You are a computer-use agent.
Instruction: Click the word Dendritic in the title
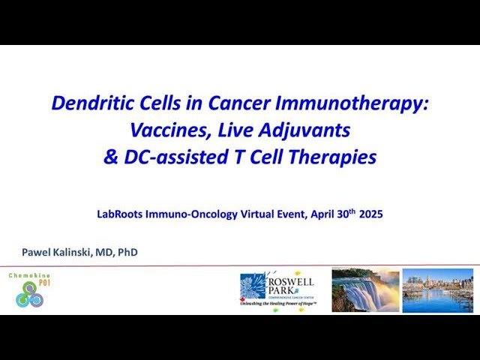pyautogui.click(x=88, y=103)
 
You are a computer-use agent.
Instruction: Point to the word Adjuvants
pyautogui.click(x=306, y=130)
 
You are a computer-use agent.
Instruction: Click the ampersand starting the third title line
pyautogui.click(x=110, y=157)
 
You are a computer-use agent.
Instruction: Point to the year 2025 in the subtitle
pyautogui.click(x=370, y=214)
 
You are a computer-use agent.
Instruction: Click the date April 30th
pyautogui.click(x=328, y=214)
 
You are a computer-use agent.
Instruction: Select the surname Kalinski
pyautogui.click(x=75, y=253)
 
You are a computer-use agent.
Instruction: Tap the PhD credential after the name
pyautogui.click(x=127, y=253)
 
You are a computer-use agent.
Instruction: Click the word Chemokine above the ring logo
pyautogui.click(x=29, y=276)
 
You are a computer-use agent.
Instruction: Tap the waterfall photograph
pyautogui.click(x=365, y=290)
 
